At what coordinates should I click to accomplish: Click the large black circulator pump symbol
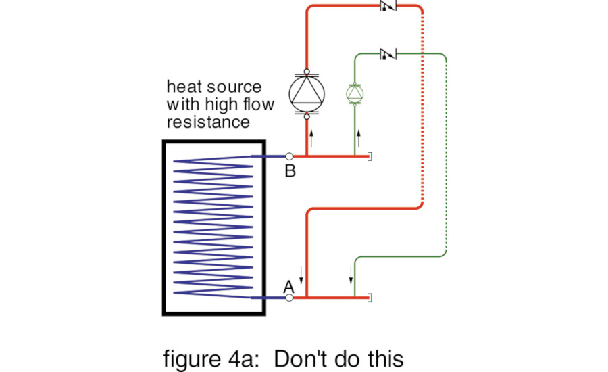[x=307, y=94]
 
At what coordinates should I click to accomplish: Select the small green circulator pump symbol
[x=355, y=93]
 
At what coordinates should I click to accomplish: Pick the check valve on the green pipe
[x=388, y=53]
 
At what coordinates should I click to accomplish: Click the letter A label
[x=288, y=286]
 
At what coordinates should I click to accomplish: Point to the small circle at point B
[x=289, y=156]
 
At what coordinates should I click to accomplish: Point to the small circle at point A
[x=289, y=298]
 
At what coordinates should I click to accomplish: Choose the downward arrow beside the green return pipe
[x=350, y=275]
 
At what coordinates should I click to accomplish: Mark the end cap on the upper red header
[x=369, y=156]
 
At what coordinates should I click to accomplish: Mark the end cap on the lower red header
[x=369, y=298]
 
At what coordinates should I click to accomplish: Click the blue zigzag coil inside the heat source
[x=212, y=227]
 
